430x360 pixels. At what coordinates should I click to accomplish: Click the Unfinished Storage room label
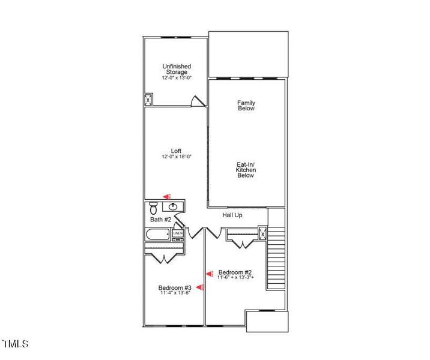pos(177,69)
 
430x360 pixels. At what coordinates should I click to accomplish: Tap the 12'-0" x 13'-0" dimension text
pos(177,78)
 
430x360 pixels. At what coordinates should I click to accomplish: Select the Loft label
pos(176,151)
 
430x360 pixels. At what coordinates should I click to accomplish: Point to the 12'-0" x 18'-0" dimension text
pos(176,157)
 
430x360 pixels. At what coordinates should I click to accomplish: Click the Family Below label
pos(246,106)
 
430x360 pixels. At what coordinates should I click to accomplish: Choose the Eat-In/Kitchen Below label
pos(245,169)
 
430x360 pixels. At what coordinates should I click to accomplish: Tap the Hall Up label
pos(232,215)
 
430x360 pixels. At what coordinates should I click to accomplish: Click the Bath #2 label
pos(161,220)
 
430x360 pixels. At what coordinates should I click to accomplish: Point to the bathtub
pos(158,235)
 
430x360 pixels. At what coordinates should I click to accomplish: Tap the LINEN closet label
pos(178,233)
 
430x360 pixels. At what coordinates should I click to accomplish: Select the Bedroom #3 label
pos(175,287)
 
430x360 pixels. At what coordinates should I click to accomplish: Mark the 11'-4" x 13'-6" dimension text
pos(175,293)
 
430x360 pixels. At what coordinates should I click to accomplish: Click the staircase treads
pos(276,258)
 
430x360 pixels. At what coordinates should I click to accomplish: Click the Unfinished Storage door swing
pos(196,101)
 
